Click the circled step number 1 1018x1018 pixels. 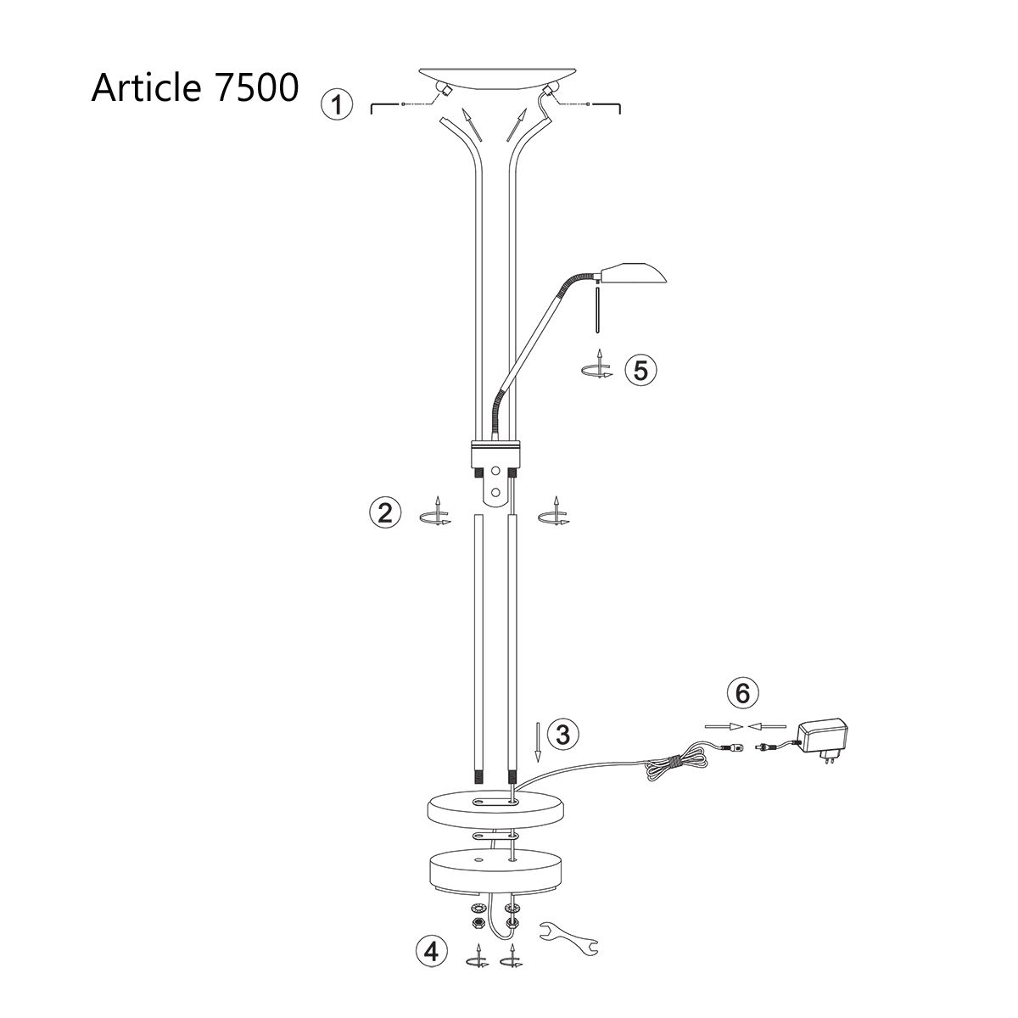(x=337, y=106)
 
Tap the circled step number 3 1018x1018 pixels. (x=563, y=734)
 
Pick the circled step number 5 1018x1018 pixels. (x=640, y=370)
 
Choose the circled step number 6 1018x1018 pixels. (x=742, y=693)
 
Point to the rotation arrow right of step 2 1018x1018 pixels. (x=555, y=515)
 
